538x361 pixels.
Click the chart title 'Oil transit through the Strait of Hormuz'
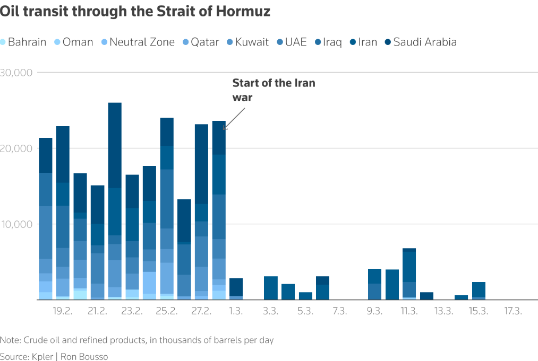tap(135, 12)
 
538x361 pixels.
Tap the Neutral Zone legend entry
tap(141, 42)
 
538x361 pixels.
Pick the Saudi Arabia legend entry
tap(424, 42)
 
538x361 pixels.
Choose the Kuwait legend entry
tap(252, 42)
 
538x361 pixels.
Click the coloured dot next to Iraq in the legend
tap(318, 42)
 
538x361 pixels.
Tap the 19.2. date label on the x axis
tap(63, 311)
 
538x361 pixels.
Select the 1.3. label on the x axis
tap(236, 311)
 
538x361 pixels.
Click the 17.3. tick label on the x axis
tap(513, 311)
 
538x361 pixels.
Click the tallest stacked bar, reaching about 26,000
tap(115, 201)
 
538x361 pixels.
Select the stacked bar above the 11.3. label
tap(409, 274)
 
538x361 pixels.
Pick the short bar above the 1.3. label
tap(236, 289)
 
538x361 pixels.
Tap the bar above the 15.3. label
tap(479, 291)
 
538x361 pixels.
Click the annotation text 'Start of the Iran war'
tap(273, 90)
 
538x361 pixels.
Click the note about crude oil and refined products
tap(137, 340)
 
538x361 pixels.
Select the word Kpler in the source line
tap(45, 356)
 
